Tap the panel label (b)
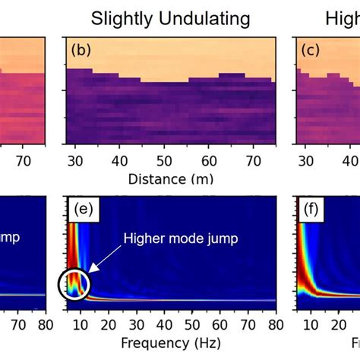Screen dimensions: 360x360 81,51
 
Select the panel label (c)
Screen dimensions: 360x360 308,51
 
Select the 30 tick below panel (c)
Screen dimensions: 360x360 305,161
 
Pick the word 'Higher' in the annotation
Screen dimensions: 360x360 144,238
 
